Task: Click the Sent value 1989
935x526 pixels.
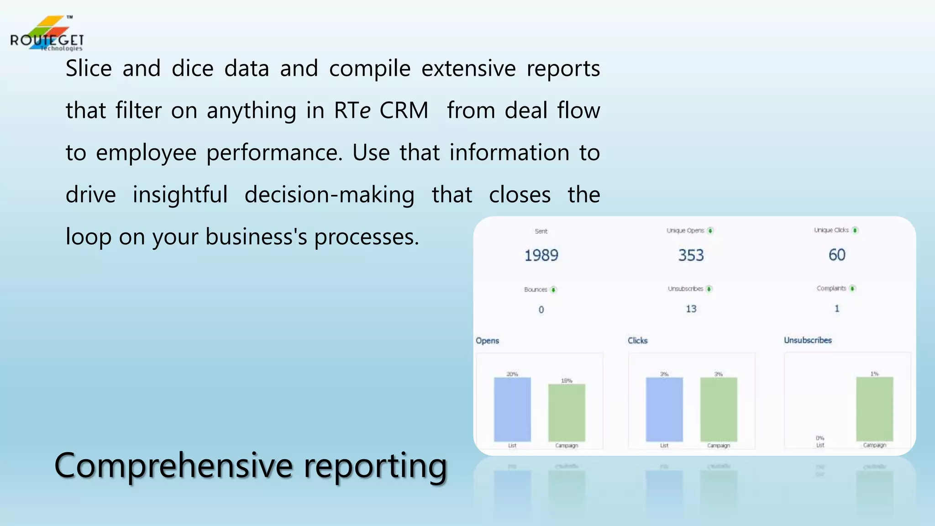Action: coord(541,255)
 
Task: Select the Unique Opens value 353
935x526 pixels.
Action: coord(691,255)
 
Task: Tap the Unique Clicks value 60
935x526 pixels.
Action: coord(837,255)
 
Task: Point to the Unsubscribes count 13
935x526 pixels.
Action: coord(691,309)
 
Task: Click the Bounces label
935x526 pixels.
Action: coord(536,289)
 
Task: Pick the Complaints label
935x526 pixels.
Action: coord(831,288)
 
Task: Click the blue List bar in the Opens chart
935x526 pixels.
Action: coord(512,409)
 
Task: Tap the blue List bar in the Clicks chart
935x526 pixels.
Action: coord(664,409)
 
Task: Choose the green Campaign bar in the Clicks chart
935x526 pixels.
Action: coord(719,409)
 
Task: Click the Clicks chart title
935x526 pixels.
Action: coord(637,341)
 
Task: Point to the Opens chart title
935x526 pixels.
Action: coord(487,341)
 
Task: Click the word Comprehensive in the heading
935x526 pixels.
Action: coord(173,466)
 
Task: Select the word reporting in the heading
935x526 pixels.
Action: coord(375,466)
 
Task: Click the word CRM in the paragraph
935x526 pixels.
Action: coord(404,110)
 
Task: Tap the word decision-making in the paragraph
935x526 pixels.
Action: coord(329,195)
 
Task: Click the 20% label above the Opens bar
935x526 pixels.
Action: coord(512,374)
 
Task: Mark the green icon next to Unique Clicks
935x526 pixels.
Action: coord(855,230)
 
